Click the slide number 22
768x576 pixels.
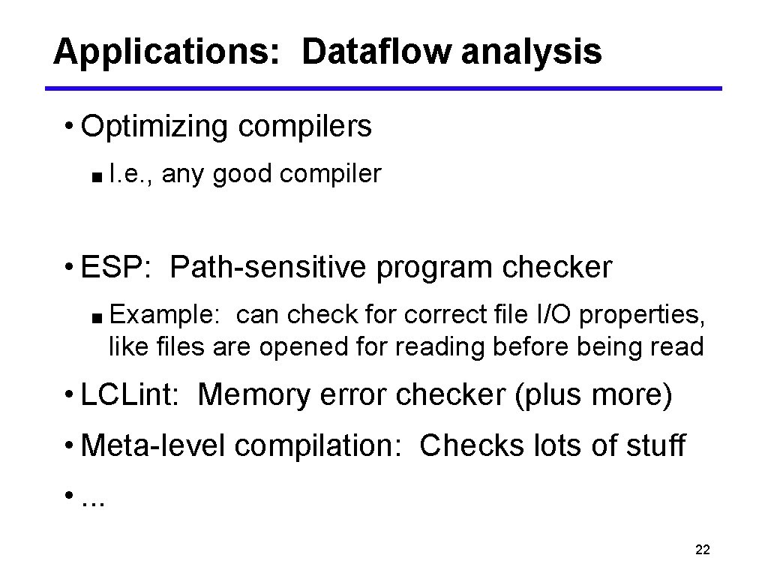[703, 550]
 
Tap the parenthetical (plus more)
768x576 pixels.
[592, 394]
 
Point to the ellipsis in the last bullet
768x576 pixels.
[93, 499]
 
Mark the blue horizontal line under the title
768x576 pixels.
[383, 88]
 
